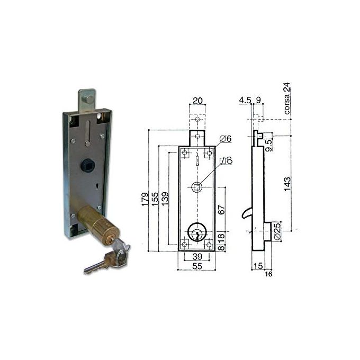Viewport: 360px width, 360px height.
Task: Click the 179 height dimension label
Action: [145, 199]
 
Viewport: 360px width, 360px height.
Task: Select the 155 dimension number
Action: [155, 199]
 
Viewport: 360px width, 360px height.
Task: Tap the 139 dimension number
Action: [165, 199]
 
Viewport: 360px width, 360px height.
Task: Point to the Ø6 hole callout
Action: [226, 139]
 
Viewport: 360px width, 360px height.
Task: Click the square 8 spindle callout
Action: [226, 160]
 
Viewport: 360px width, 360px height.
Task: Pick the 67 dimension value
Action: [221, 210]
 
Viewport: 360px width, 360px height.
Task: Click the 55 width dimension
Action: [197, 266]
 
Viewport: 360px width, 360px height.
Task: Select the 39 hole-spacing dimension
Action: [197, 256]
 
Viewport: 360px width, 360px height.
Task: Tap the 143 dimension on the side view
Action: [287, 184]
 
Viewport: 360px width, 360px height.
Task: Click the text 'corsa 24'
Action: [287, 98]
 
